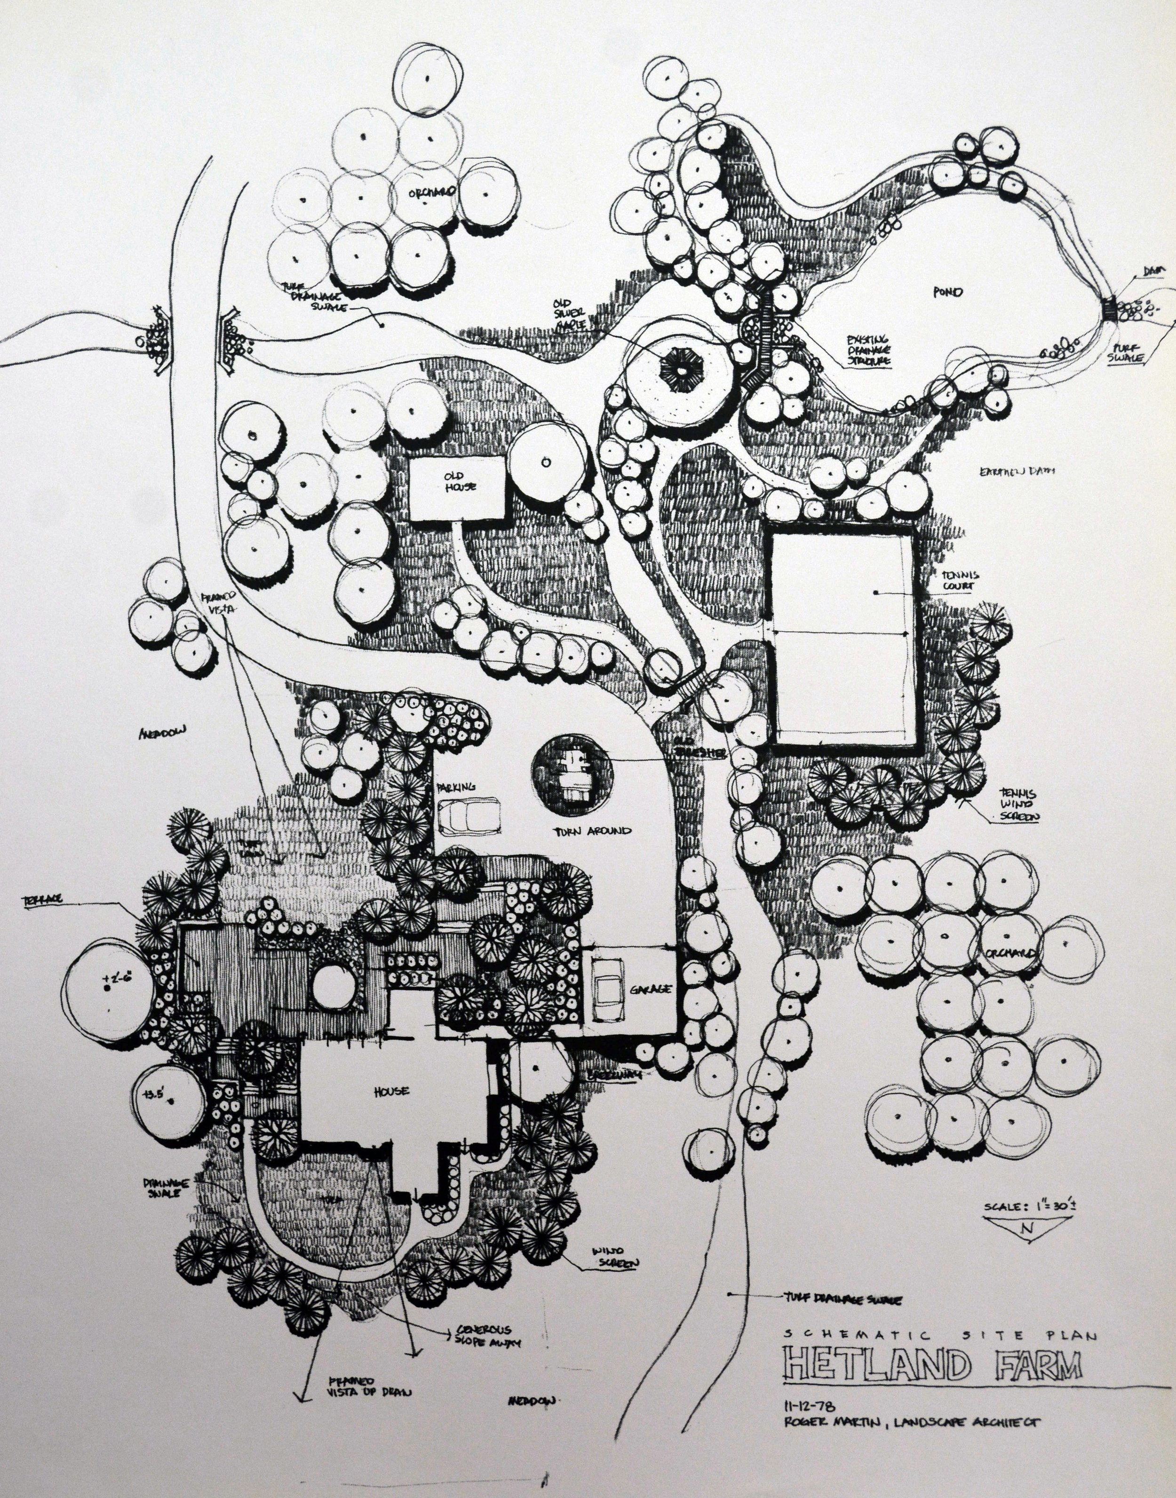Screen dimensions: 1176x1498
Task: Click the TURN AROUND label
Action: pos(593,831)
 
